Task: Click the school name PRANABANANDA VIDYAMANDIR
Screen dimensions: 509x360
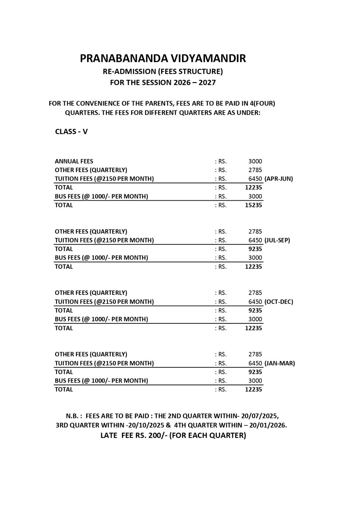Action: point(163,59)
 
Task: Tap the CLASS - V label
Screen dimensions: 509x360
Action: point(71,132)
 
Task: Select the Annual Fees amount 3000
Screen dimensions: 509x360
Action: point(255,161)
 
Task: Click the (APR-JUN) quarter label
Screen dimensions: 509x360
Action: point(279,179)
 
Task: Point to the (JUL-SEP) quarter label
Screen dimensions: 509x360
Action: point(277,240)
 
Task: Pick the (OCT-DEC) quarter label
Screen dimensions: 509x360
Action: point(279,302)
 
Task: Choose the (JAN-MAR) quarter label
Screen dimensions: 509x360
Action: point(279,363)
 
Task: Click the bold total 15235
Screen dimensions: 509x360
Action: point(253,205)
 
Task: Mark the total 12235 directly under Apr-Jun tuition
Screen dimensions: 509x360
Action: point(253,187)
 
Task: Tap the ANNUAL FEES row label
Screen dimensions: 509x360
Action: point(74,161)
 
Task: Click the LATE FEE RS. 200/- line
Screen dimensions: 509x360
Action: point(173,435)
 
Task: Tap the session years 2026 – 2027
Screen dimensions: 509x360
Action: point(194,83)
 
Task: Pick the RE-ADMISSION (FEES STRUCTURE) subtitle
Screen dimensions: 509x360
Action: point(163,71)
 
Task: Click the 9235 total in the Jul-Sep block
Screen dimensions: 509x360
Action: point(255,249)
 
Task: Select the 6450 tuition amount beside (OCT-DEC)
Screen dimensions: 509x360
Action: point(255,302)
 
